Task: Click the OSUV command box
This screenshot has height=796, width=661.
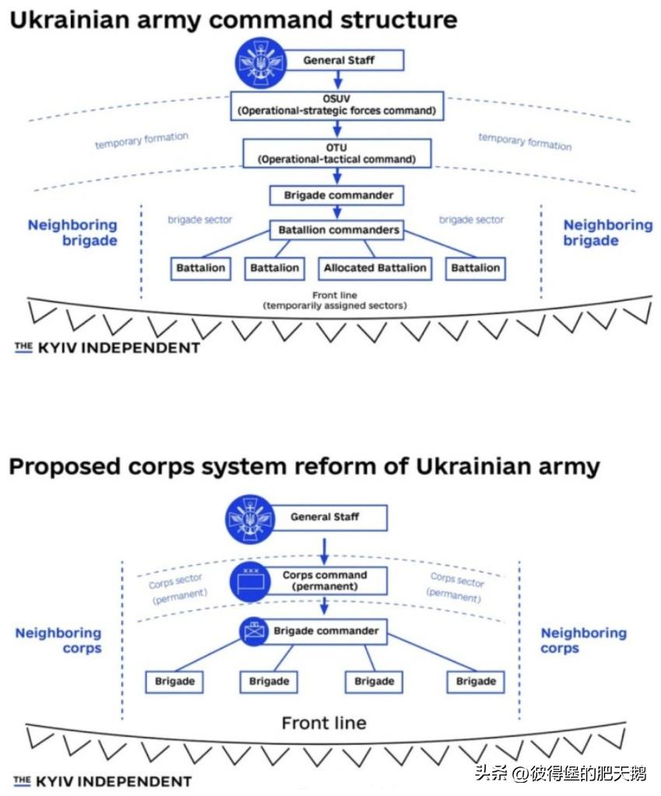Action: [x=337, y=105]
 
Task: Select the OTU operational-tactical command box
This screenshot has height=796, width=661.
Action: [x=337, y=153]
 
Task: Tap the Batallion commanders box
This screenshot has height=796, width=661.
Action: [x=338, y=230]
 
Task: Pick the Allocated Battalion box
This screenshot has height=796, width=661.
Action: [x=375, y=268]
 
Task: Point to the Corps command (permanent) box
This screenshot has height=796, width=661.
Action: [x=324, y=581]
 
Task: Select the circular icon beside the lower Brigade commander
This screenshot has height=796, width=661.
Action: [x=254, y=631]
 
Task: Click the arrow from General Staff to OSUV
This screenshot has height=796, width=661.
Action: [x=337, y=79]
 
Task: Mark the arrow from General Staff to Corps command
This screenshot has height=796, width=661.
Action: [x=324, y=552]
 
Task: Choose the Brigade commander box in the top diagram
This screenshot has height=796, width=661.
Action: [x=337, y=194]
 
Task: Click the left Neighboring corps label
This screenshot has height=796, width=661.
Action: [x=59, y=641]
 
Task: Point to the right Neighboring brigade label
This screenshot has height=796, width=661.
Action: [x=607, y=232]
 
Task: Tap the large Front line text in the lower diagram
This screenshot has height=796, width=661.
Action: [x=324, y=723]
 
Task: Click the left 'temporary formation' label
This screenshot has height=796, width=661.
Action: [x=142, y=141]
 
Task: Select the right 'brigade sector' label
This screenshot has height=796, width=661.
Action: [x=471, y=220]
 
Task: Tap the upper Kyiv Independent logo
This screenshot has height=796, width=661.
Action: [x=107, y=347]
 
